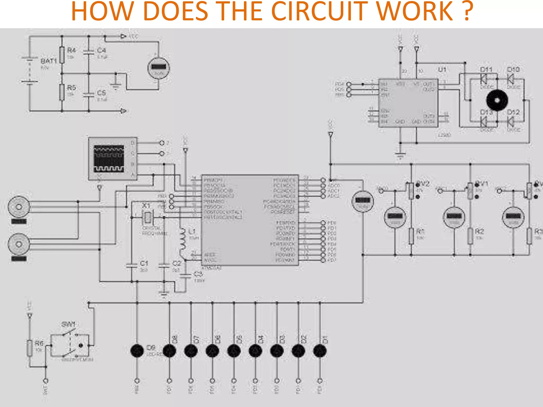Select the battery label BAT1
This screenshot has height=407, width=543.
pos(49,61)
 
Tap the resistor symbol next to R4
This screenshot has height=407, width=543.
pos(62,55)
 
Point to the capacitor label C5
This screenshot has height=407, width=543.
pos(101,93)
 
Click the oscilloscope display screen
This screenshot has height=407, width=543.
pos(109,158)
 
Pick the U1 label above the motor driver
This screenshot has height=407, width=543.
pos(442,70)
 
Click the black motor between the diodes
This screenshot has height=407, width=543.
pos(497,100)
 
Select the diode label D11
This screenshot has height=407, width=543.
pos(486,70)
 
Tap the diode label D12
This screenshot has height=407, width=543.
pos(513,112)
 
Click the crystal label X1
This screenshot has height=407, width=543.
pos(146,205)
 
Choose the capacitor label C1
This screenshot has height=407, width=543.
pos(144,263)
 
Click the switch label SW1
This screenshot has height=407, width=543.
pos(68,324)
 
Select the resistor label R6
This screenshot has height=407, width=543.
pos(39,343)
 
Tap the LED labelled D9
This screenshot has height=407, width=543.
pos(137,351)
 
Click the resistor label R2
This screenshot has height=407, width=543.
pos(479,232)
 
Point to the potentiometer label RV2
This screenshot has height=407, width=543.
pos(423,184)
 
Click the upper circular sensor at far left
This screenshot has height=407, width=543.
pos(19,207)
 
